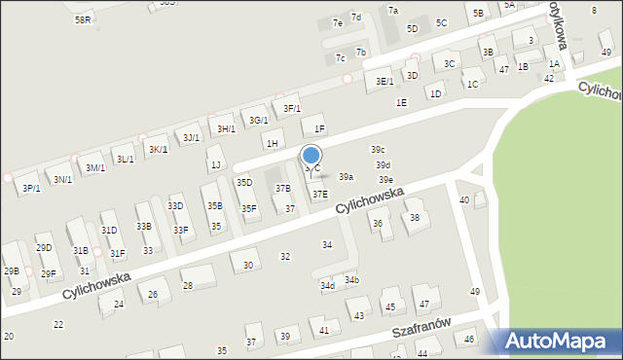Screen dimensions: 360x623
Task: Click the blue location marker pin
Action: [x=311, y=156]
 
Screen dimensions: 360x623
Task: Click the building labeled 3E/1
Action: [x=385, y=81]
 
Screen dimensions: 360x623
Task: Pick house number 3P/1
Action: [x=31, y=188]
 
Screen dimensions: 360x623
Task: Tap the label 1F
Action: [x=319, y=128]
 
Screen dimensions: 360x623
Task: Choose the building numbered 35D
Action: [x=244, y=182]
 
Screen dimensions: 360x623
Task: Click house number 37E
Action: [x=319, y=195]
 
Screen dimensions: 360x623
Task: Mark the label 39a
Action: [x=346, y=177]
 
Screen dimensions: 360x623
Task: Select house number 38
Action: [x=415, y=217]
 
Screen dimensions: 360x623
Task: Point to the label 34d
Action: [x=327, y=285]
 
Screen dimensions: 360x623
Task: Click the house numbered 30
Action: [x=248, y=265]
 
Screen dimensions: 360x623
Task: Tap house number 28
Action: [x=187, y=285]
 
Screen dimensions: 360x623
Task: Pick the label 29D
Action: [x=44, y=248]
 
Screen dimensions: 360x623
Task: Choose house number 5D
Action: [x=412, y=29]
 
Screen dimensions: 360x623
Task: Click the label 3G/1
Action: [x=258, y=120]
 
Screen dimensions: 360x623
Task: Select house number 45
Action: [x=390, y=306]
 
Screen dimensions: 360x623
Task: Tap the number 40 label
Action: [x=464, y=199]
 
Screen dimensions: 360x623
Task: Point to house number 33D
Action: [x=175, y=206]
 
